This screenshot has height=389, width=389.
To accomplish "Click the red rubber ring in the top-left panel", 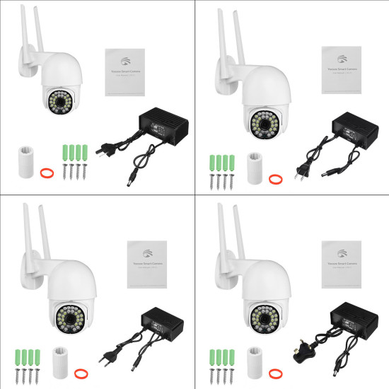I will pyautogui.click(x=46, y=171).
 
